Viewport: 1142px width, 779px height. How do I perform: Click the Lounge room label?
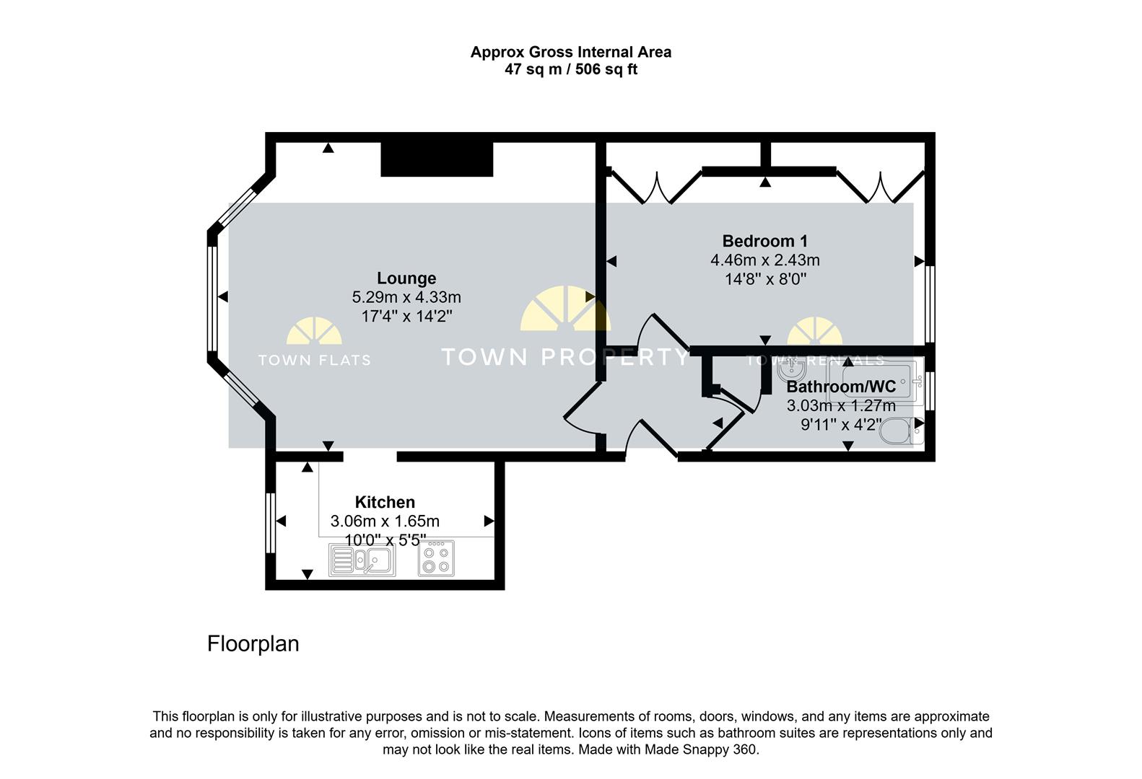point(406,278)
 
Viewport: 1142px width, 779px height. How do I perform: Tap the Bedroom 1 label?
point(764,241)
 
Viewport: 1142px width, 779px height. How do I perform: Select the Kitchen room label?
point(385,502)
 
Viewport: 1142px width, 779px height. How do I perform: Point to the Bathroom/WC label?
point(841,387)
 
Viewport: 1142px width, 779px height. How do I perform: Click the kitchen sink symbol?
point(362,560)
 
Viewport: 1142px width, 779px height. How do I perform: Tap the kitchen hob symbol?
point(437,559)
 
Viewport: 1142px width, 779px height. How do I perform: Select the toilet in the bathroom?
point(902,431)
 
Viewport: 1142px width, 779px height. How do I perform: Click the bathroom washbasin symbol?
point(791,369)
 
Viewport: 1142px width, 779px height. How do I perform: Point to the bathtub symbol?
point(876,382)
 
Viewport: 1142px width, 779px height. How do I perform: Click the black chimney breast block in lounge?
point(437,159)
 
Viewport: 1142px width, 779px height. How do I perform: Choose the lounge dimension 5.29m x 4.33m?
point(406,297)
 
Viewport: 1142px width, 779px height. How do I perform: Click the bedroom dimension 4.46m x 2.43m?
point(764,260)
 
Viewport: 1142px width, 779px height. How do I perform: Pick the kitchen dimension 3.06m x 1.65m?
point(385,521)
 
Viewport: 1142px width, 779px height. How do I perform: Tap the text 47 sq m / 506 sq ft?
point(571,69)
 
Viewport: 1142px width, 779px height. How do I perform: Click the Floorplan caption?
point(253,644)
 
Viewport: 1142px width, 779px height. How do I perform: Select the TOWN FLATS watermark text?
point(315,360)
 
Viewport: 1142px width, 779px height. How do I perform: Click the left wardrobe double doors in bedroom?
point(657,188)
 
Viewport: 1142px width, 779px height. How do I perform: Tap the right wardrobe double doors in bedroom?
point(881,188)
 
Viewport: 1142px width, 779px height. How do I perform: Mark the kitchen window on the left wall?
point(271,523)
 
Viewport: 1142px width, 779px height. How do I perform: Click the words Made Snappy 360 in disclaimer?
point(700,749)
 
